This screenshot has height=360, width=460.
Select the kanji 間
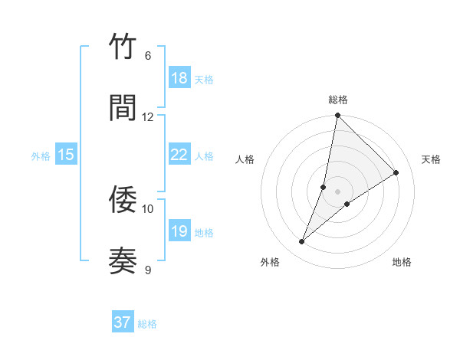(123, 108)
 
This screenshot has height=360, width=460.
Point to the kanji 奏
(123, 261)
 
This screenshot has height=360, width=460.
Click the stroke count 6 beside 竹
(148, 56)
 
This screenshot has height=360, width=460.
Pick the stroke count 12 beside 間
(148, 116)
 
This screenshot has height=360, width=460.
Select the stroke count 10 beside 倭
(148, 208)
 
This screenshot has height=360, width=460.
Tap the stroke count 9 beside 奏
(148, 270)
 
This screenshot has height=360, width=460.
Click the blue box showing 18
(179, 78)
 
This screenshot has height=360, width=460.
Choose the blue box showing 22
(179, 155)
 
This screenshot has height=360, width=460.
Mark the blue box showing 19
(179, 231)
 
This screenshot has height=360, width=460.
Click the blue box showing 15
(66, 155)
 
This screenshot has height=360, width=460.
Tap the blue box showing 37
(123, 322)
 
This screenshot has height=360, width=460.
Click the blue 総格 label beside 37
(147, 324)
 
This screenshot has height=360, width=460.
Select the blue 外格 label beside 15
(41, 156)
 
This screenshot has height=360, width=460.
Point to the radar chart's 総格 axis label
(337, 100)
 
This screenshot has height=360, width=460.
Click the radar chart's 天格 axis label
(431, 159)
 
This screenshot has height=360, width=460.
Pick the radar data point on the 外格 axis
(301, 242)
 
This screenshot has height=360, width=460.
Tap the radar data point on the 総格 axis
(337, 116)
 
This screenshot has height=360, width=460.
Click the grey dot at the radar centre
(337, 191)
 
